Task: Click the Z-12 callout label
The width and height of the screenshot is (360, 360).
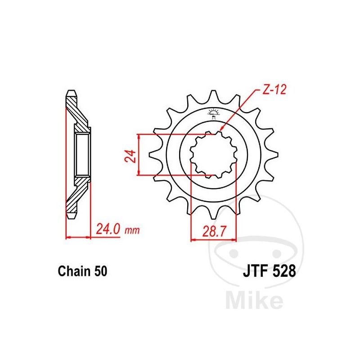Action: coord(274,90)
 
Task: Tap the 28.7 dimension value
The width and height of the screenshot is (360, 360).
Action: coord(214,231)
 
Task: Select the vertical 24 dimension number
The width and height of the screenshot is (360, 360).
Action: coord(130,156)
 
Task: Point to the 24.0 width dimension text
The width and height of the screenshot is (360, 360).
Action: coord(108,229)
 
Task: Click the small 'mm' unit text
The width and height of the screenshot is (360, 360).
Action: coord(132,230)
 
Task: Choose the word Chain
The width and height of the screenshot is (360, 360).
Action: coord(74,271)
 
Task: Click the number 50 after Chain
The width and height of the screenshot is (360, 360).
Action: coord(100,271)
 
